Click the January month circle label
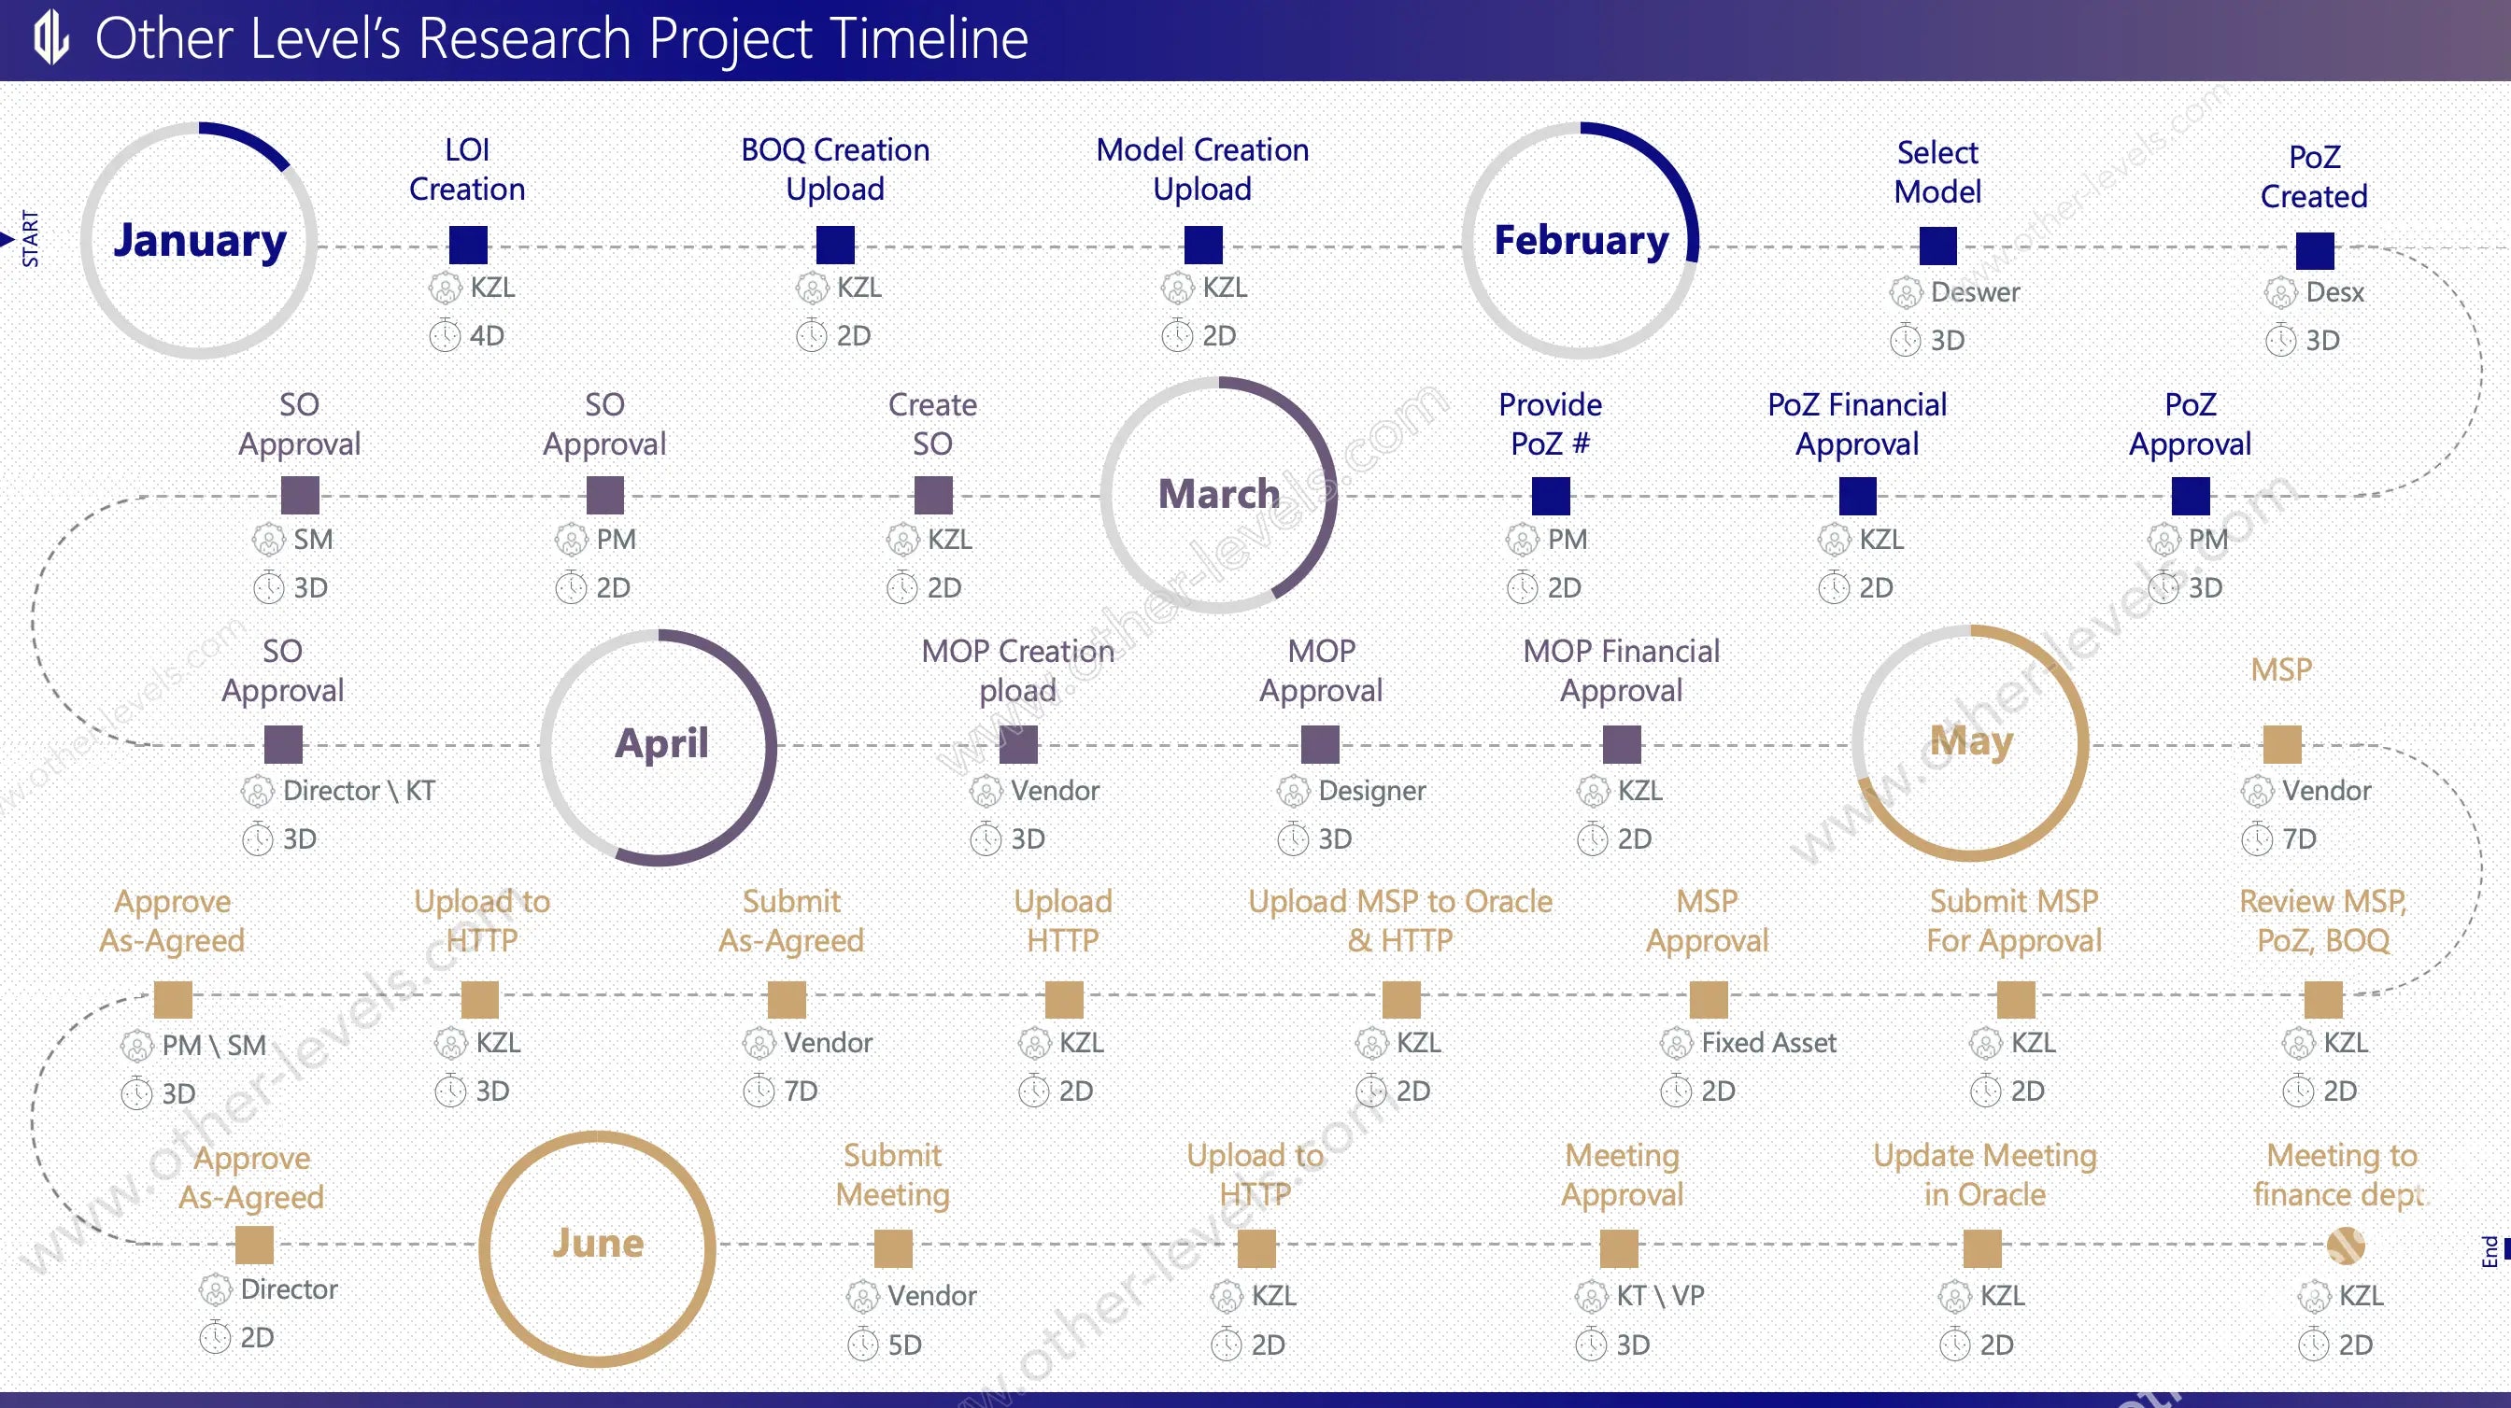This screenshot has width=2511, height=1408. [200, 242]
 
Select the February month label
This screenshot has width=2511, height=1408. [1582, 240]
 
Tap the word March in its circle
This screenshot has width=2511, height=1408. [1218, 494]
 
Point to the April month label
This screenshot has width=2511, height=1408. [660, 744]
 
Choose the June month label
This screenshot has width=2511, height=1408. [598, 1243]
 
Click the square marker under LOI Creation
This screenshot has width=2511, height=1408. [468, 245]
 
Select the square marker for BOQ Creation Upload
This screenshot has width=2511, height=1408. [835, 245]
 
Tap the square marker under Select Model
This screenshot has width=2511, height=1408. [1937, 246]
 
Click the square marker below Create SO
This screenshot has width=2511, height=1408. [933, 495]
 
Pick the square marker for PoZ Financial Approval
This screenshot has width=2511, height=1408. [1858, 496]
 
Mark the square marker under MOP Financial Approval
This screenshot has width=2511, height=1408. [1622, 744]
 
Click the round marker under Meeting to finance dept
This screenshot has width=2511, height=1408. [2346, 1246]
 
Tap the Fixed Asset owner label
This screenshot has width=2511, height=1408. [1768, 1043]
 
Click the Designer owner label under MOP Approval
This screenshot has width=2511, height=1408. [1371, 791]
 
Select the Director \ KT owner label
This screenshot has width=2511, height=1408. [359, 790]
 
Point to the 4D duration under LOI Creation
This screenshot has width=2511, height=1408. [487, 336]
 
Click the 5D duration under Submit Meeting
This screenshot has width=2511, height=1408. [904, 1345]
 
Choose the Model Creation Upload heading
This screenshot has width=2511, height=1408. [1202, 169]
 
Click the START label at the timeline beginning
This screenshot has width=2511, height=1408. [30, 239]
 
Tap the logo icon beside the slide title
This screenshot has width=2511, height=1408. [51, 38]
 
